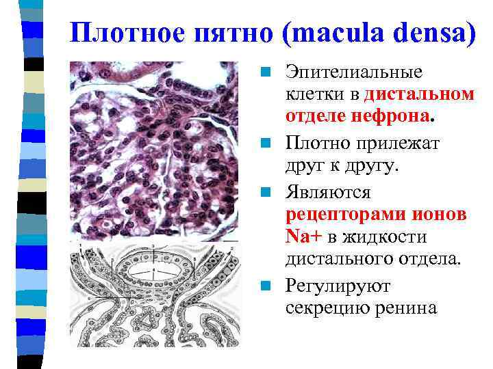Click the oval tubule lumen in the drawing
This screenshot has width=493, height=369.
click(155, 271)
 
